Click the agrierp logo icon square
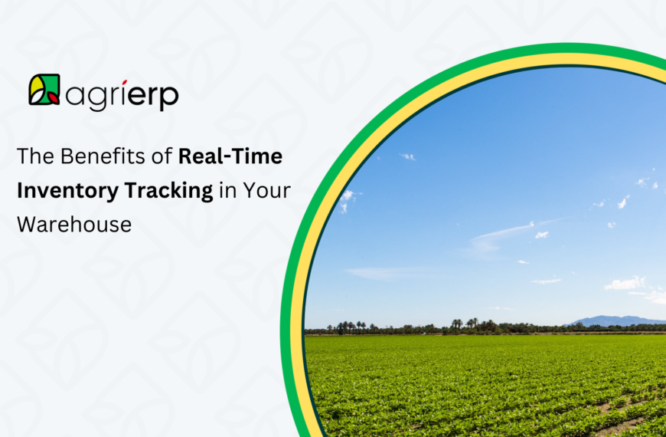(44, 90)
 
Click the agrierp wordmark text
(122, 95)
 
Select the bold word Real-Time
(230, 157)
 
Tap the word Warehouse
(73, 225)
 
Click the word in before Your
(227, 191)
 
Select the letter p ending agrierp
(169, 98)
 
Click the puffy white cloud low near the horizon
(625, 284)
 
